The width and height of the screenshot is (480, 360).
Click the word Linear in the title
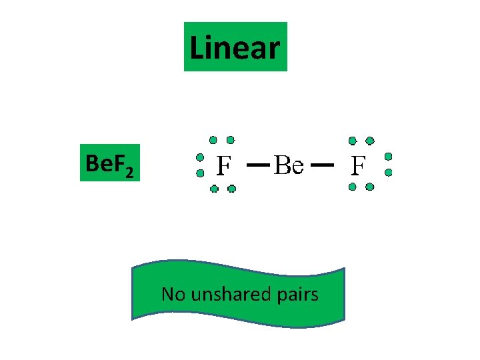pos(235,47)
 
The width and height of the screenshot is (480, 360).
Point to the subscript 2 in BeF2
pos(129,173)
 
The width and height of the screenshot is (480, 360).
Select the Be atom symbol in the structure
pos(289,165)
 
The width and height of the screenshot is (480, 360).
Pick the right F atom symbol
pos(359,165)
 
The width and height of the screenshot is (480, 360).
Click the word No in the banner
pos(174,294)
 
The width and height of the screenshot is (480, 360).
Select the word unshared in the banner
pos(231,294)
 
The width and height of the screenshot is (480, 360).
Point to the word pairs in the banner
pos(297,294)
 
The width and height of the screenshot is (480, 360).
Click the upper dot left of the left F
pos(199,158)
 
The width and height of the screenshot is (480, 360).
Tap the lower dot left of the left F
pos(199,173)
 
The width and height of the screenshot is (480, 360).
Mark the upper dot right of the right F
pos(388,157)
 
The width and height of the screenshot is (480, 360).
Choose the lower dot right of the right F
pos(389,172)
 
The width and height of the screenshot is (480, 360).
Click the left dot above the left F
pos(213,140)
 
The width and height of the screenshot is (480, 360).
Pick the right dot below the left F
pos(231,189)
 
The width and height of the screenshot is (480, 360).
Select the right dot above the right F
pos(370,141)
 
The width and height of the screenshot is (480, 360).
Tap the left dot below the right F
pos(353,187)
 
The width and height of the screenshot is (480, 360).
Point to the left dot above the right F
pos(353,141)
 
